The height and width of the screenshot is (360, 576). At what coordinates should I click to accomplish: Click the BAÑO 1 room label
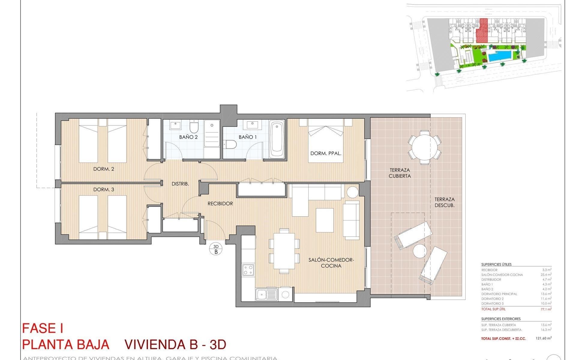point(247,137)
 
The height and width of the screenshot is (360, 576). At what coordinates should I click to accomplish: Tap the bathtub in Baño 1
point(277,139)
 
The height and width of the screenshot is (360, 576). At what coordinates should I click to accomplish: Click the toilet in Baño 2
point(194,127)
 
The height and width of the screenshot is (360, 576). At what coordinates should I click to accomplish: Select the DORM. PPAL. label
point(326,153)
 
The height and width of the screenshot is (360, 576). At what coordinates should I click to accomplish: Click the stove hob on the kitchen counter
point(248,269)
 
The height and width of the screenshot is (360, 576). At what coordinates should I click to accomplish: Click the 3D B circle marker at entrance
point(216,249)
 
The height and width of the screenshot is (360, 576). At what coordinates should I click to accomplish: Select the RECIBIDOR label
point(220,204)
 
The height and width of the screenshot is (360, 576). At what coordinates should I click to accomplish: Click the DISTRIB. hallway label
point(180,184)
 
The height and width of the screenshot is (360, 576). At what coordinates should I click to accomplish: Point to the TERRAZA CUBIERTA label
point(400,173)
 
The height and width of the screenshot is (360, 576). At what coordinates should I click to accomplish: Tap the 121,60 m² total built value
point(544,338)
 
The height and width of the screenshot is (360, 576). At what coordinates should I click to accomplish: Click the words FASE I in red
point(43,328)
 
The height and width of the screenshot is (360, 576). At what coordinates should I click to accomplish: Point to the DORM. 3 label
point(103,190)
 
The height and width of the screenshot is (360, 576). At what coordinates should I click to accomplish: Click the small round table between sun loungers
point(419,251)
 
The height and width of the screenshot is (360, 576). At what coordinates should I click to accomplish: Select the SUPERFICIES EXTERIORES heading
point(501,319)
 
